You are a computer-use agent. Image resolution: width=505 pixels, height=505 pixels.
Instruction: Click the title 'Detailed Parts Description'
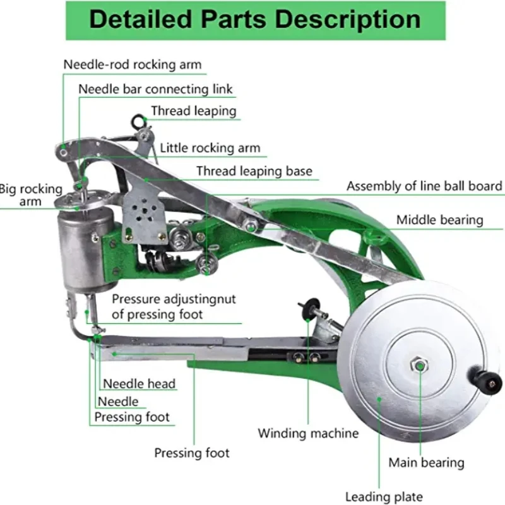[254, 20]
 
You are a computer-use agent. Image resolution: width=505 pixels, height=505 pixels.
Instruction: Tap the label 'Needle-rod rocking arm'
[133, 64]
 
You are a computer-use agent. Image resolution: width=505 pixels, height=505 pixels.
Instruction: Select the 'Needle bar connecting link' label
[155, 89]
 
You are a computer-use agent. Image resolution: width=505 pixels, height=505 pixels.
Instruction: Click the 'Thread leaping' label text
[193, 111]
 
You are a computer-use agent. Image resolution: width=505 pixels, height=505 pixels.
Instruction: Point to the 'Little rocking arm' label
[210, 148]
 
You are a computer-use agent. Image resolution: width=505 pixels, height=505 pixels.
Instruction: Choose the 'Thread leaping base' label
[254, 171]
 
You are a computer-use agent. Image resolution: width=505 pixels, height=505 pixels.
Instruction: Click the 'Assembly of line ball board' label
[424, 186]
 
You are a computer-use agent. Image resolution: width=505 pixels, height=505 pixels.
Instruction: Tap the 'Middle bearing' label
[439, 220]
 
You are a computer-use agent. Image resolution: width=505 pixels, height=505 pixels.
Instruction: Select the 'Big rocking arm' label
[31, 195]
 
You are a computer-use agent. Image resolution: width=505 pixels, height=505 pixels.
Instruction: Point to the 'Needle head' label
[139, 383]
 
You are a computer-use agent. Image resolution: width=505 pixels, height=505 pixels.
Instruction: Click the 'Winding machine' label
[307, 433]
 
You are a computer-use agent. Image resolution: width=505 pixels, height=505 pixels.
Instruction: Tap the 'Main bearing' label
[426, 463]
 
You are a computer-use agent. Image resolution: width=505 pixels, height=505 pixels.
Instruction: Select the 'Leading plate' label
[384, 497]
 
